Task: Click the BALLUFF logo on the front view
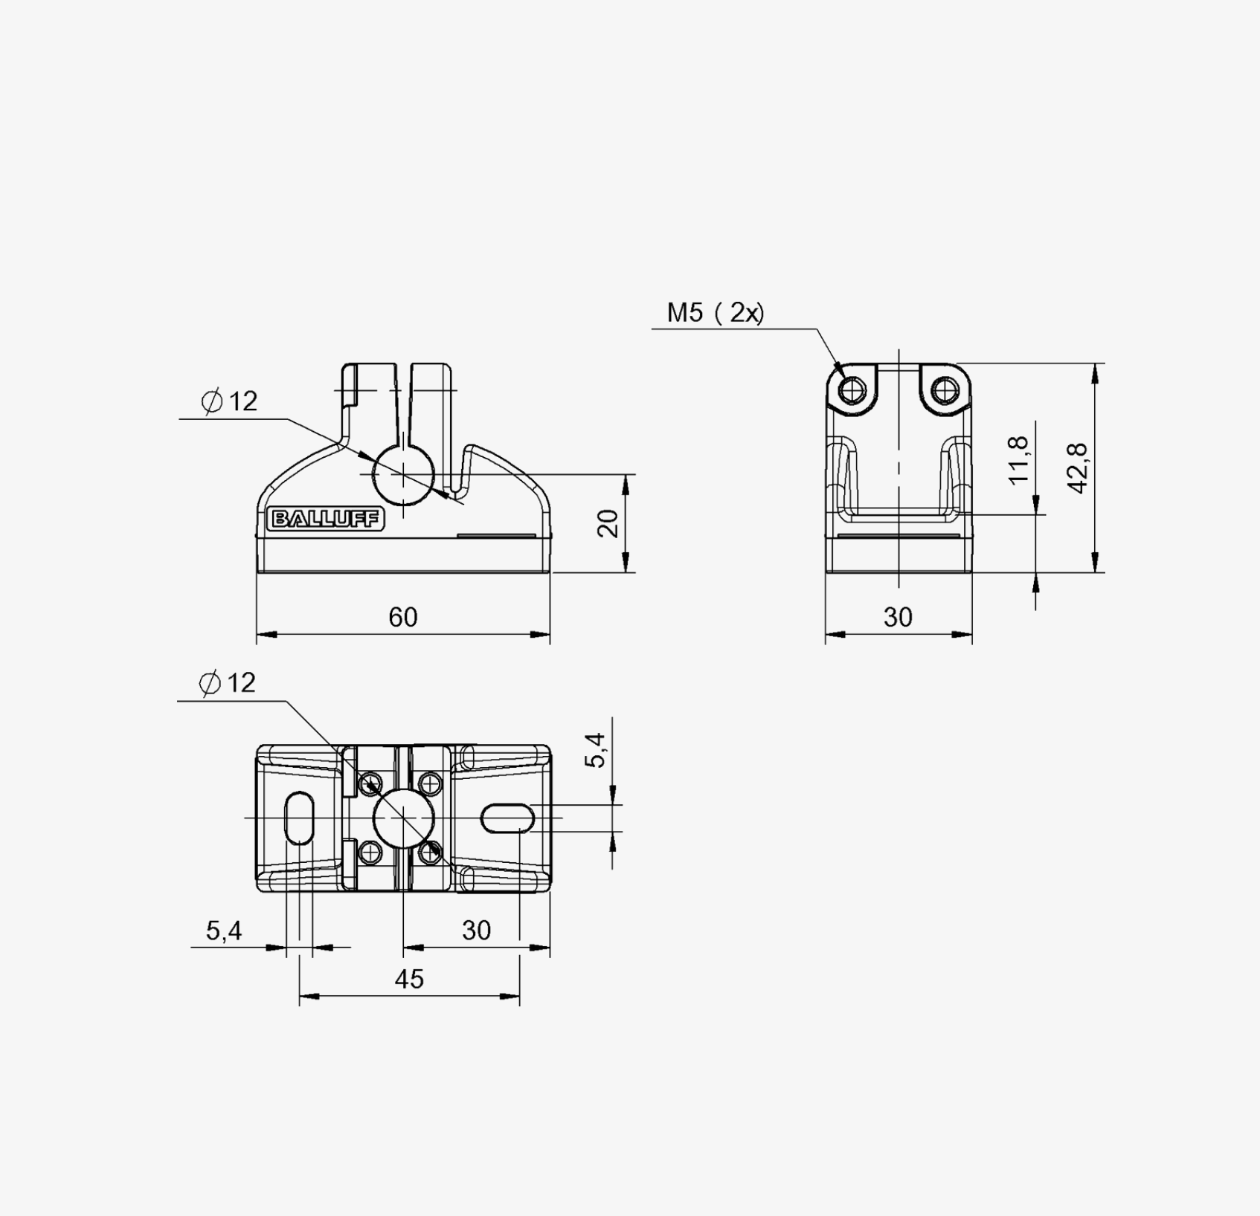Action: point(326,519)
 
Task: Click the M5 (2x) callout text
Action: point(716,313)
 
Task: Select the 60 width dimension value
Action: point(403,617)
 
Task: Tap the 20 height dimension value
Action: point(608,523)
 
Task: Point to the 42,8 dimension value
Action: point(1077,468)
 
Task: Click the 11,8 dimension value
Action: point(1018,460)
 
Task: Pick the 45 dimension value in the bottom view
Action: point(409,979)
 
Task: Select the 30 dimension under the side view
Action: point(898,617)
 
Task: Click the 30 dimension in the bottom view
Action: point(476,930)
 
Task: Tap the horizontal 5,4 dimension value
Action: point(224,930)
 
